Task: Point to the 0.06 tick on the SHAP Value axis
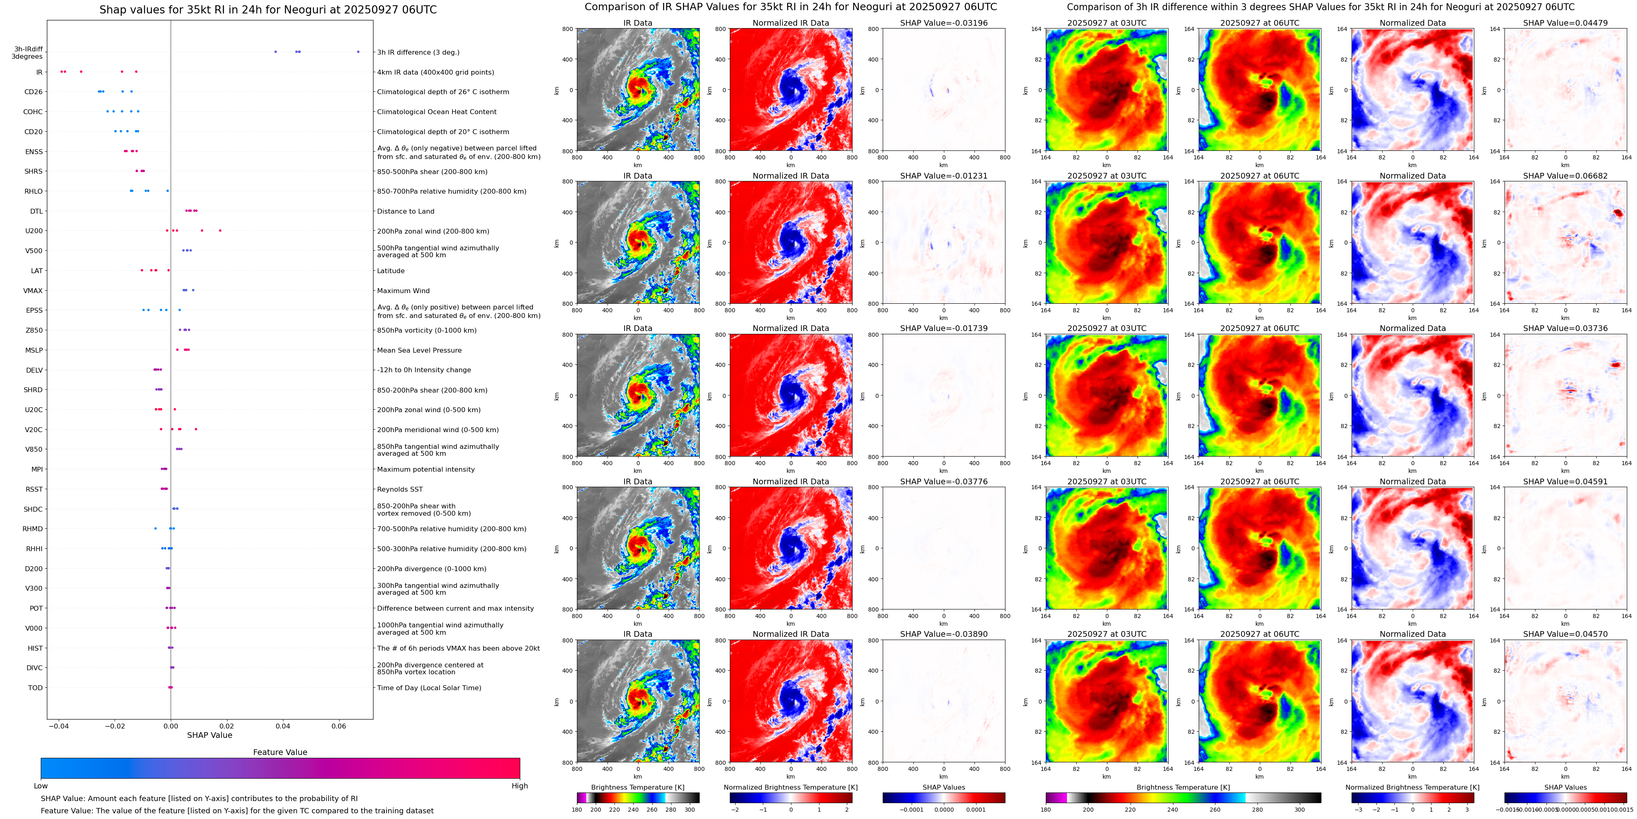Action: click(x=339, y=726)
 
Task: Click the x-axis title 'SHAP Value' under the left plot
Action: click(x=209, y=735)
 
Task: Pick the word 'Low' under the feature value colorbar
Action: click(x=41, y=786)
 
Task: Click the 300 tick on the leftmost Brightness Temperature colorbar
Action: click(x=689, y=810)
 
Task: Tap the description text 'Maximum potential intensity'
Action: click(x=426, y=470)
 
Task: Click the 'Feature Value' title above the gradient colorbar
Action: click(x=280, y=752)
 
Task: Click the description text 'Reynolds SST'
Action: click(x=400, y=489)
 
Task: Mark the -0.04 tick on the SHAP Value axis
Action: click(x=58, y=726)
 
